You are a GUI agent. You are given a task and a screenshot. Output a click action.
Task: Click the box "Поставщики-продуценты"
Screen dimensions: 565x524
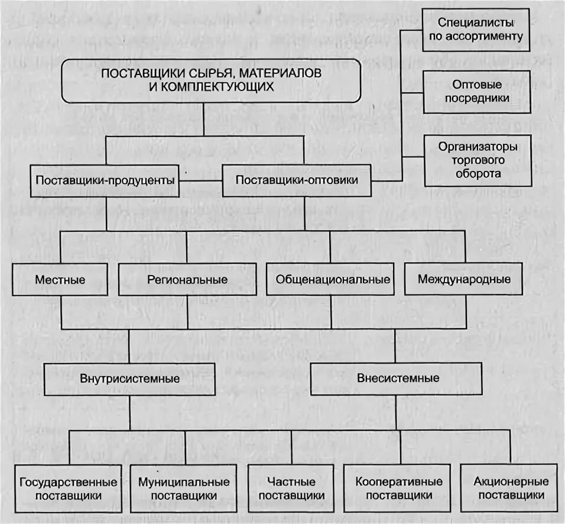[106, 180]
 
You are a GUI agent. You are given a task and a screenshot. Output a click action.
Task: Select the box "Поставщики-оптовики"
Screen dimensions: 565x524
[296, 180]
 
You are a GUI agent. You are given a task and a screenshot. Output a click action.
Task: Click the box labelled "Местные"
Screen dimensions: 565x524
[60, 279]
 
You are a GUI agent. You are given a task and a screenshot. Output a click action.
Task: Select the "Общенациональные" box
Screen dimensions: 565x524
[330, 279]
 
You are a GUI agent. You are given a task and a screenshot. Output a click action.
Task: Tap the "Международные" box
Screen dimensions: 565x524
[464, 279]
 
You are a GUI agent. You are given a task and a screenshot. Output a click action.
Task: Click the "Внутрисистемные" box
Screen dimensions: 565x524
[129, 379]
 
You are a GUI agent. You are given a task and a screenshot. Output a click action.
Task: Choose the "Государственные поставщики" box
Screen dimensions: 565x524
[69, 489]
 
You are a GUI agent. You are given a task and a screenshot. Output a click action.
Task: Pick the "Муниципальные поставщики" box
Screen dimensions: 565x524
[184, 489]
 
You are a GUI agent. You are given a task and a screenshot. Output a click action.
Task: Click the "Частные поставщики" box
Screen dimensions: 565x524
[291, 489]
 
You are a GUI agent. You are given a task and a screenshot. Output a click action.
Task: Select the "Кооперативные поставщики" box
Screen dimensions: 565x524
[400, 489]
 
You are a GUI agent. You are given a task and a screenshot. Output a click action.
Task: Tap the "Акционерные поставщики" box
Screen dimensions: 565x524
[508, 489]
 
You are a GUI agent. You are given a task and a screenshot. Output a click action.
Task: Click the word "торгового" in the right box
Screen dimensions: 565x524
[479, 160]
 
